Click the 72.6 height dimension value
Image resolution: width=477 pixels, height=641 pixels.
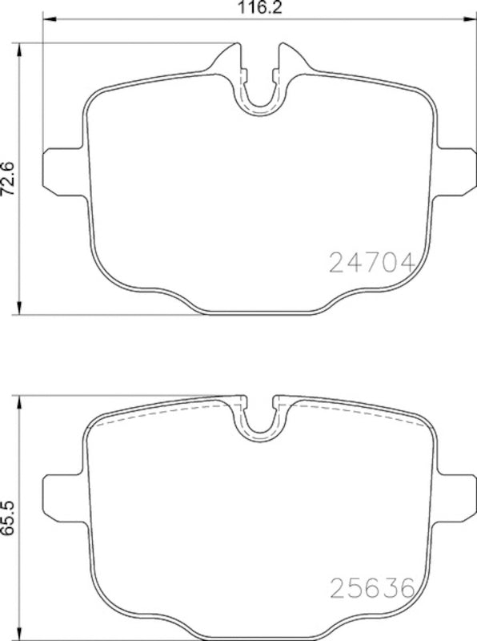[x=10, y=177]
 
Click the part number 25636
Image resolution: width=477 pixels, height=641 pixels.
[x=371, y=591]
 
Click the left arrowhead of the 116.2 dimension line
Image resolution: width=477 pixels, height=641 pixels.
[x=45, y=20]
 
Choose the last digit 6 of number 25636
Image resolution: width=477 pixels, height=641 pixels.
[x=404, y=591]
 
